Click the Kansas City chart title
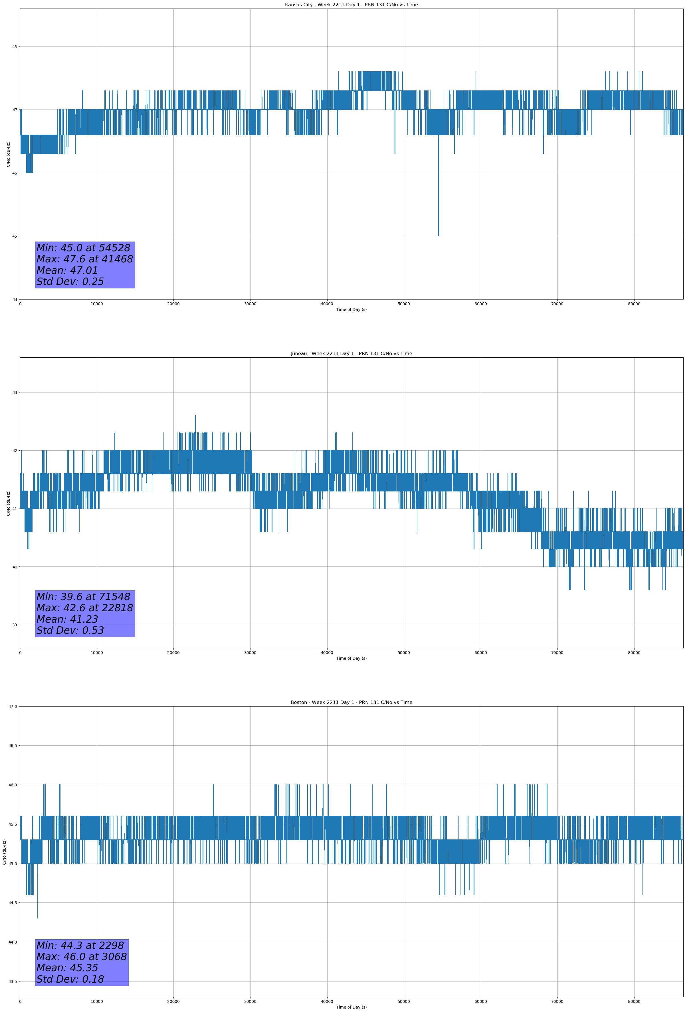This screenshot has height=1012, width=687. tap(351, 5)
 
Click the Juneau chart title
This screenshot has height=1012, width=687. tap(351, 354)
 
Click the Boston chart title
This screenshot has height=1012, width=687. tap(351, 703)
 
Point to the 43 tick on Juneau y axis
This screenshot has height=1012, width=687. tap(15, 392)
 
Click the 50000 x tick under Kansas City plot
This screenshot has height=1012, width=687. tap(404, 304)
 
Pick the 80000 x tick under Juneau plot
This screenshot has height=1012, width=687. tap(634, 653)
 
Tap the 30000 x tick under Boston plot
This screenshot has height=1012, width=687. tap(250, 1001)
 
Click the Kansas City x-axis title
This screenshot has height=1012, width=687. tap(351, 309)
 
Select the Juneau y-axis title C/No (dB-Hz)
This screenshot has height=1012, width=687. tap(8, 503)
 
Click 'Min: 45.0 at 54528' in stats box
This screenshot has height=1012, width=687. tap(83, 248)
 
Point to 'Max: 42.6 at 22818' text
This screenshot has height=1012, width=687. tap(84, 608)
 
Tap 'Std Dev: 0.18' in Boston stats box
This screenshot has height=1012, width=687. tap(70, 979)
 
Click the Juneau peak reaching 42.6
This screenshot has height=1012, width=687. tap(195, 417)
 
